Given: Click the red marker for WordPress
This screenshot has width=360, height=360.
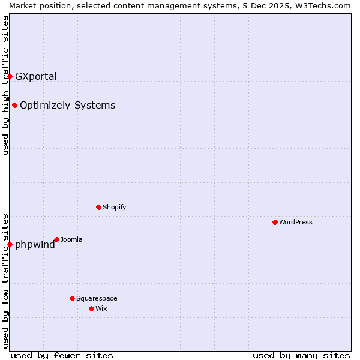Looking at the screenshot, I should tap(275, 222).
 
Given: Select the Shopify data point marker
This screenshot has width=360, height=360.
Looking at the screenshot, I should tap(98, 207).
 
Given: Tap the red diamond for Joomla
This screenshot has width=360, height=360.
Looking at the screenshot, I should tap(56, 239).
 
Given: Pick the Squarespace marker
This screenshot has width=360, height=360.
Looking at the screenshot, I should tap(72, 298).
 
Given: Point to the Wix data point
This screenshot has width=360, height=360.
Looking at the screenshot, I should tap(91, 308).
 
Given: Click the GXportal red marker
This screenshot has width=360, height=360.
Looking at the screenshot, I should tap(10, 76).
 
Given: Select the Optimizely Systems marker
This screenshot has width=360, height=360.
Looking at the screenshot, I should tap(14, 105).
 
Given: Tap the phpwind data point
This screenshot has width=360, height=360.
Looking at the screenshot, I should tap(10, 244).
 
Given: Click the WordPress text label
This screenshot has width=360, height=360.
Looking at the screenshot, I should tap(296, 222).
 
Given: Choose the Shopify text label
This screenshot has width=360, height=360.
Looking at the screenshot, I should tap(114, 207).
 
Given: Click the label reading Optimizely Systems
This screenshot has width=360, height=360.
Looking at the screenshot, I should tap(67, 106).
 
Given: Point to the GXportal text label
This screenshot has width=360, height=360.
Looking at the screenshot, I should tap(36, 76).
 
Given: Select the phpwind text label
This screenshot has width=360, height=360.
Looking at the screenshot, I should tap(35, 245).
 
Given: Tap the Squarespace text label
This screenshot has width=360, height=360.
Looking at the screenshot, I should tap(97, 298).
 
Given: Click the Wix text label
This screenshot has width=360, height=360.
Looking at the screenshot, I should tap(101, 308).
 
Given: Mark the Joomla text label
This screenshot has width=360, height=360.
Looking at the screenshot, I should tap(71, 239).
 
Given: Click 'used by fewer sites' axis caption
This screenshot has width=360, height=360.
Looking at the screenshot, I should tap(62, 355).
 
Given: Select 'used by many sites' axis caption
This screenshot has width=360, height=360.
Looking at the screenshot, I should tap(301, 355).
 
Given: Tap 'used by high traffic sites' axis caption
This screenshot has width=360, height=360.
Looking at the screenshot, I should tap(5, 85).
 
